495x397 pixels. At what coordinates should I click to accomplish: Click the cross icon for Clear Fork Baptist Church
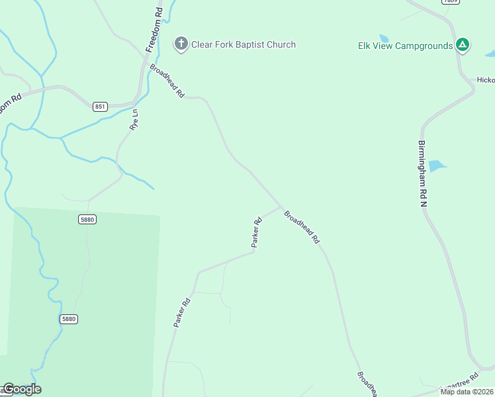click(181, 44)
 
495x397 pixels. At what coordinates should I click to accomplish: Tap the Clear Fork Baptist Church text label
click(243, 44)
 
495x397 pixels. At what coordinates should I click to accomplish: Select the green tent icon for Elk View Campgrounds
click(463, 45)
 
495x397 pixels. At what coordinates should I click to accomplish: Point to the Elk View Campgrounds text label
click(406, 46)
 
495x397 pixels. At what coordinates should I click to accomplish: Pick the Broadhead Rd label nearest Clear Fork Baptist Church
click(167, 81)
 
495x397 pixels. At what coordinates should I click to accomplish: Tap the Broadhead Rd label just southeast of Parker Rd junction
click(302, 227)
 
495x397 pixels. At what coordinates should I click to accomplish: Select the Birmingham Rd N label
click(422, 173)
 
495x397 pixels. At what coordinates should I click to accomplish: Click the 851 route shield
click(100, 107)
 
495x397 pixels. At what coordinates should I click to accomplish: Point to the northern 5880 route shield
click(87, 219)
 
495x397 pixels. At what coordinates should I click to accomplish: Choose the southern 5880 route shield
click(69, 319)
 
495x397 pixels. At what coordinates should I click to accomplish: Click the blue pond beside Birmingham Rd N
click(437, 165)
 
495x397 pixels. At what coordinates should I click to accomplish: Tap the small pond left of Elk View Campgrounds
click(384, 38)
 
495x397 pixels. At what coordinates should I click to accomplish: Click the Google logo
click(22, 389)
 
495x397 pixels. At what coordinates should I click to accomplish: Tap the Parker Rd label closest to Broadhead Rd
click(257, 232)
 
